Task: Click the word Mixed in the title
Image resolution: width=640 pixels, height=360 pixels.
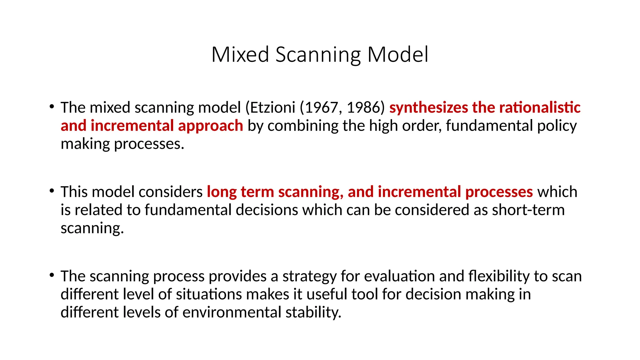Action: click(x=240, y=55)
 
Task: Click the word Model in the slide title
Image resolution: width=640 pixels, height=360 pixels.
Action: click(x=397, y=55)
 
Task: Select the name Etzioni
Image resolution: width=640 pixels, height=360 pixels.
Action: click(x=272, y=107)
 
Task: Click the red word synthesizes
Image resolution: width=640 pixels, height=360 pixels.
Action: click(x=428, y=107)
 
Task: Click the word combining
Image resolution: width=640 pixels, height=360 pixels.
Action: click(x=303, y=126)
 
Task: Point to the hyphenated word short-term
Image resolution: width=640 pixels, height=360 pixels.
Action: click(x=528, y=210)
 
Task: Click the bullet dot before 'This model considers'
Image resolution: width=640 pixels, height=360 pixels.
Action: click(x=52, y=191)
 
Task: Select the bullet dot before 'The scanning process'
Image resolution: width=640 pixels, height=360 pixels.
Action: click(x=52, y=275)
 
